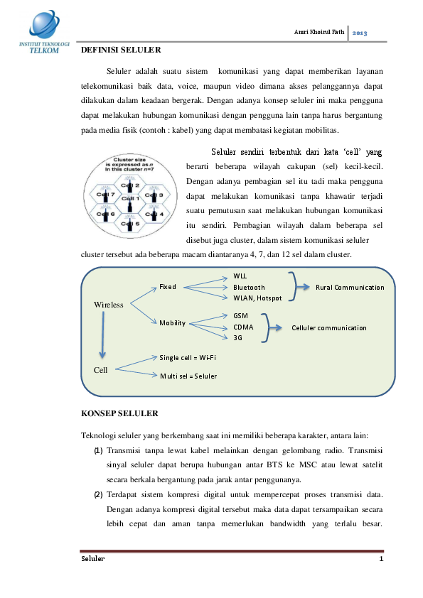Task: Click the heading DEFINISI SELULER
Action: click(x=121, y=50)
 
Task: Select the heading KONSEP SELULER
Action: click(x=119, y=413)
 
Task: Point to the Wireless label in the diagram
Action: click(x=109, y=305)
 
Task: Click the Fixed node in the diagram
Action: click(x=168, y=287)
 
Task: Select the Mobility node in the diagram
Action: click(x=172, y=323)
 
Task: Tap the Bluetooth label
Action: click(x=249, y=287)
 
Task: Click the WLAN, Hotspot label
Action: click(x=257, y=298)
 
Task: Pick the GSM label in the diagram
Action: click(x=240, y=315)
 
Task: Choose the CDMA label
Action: click(x=243, y=327)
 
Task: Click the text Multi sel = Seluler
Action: click(x=188, y=375)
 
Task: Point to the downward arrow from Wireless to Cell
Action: click(x=103, y=337)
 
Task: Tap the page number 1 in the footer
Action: click(x=381, y=560)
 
